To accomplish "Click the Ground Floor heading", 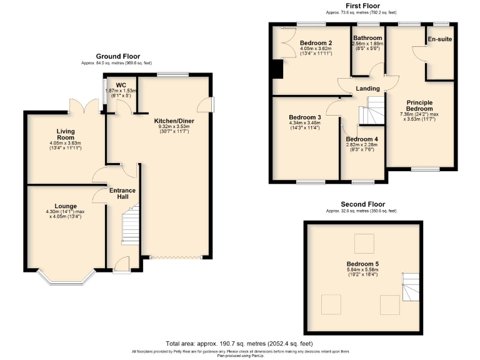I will [117, 56].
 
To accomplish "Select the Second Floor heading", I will [362, 204].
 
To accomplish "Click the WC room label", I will [121, 85].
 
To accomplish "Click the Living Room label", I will [66, 134].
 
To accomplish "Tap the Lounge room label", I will [66, 206].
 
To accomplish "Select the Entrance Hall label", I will [122, 194].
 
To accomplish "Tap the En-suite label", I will [440, 39].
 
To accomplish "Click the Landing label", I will [367, 89].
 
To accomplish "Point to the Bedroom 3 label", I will [305, 117].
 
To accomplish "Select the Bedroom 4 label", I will [362, 139].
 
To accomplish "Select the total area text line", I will [239, 344].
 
